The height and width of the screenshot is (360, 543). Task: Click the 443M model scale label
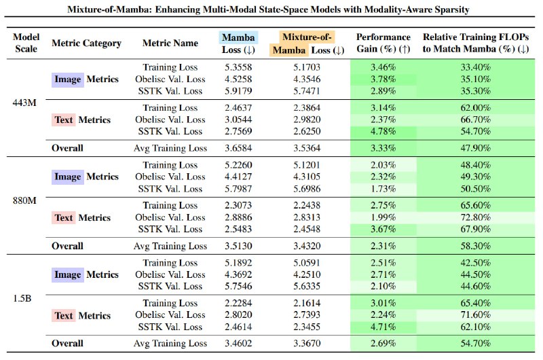[x=24, y=103]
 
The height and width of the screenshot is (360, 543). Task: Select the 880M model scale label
[x=24, y=200]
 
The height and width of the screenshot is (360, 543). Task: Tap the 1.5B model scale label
[x=22, y=298]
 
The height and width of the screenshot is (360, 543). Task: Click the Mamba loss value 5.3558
[x=238, y=67]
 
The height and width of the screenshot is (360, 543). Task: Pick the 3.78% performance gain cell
[x=383, y=79]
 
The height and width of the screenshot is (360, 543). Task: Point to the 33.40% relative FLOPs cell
[x=476, y=67]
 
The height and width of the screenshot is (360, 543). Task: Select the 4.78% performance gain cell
[x=383, y=131]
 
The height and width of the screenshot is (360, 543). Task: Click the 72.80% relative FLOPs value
[x=476, y=217]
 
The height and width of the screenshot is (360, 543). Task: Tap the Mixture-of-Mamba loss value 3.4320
[x=307, y=246]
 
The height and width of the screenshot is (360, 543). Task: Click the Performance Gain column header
[x=383, y=43]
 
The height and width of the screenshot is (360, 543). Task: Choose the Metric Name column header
[x=170, y=43]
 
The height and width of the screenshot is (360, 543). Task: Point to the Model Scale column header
[x=26, y=43]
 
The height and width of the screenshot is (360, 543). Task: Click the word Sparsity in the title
[x=452, y=10]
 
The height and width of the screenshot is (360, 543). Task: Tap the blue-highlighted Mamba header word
[x=238, y=37]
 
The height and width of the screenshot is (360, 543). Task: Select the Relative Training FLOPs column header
[x=476, y=43]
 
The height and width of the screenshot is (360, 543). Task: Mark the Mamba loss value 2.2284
[x=238, y=303]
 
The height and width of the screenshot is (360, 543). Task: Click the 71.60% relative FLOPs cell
[x=476, y=315]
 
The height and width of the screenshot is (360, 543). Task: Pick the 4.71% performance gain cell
[x=383, y=327]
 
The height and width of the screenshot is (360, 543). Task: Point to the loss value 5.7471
[x=307, y=91]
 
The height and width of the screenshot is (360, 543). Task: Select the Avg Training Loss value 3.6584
[x=238, y=148]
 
